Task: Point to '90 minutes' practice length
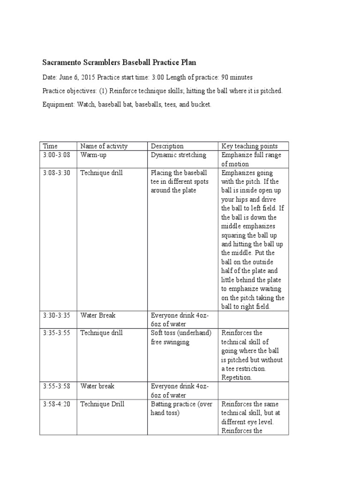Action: [x=237, y=77]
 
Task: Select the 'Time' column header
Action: [x=50, y=146]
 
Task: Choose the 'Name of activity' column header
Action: [x=104, y=146]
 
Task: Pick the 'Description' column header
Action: [x=167, y=146]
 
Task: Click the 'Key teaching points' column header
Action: [x=249, y=146]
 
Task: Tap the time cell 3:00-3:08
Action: [x=56, y=155]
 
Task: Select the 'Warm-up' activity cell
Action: [x=94, y=155]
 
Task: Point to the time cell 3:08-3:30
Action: [x=56, y=173]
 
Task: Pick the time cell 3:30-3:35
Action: [x=56, y=315]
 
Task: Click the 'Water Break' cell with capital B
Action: [x=97, y=315]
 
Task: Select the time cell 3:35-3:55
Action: [x=56, y=333]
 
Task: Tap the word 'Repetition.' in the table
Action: [x=237, y=377]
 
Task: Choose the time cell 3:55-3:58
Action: [x=56, y=386]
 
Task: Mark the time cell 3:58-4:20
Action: [x=56, y=404]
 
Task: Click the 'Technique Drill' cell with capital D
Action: [x=102, y=404]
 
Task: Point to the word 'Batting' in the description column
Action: [x=161, y=404]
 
